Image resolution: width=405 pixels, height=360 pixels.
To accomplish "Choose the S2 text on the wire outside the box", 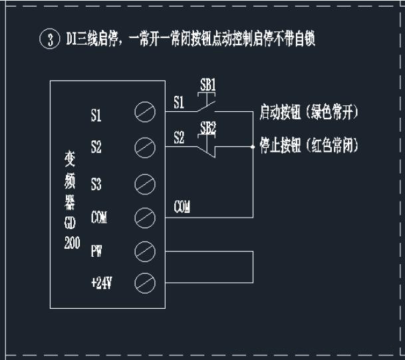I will pyautogui.click(x=179, y=138).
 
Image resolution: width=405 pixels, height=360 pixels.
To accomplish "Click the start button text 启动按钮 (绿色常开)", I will pyautogui.click(x=309, y=114).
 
